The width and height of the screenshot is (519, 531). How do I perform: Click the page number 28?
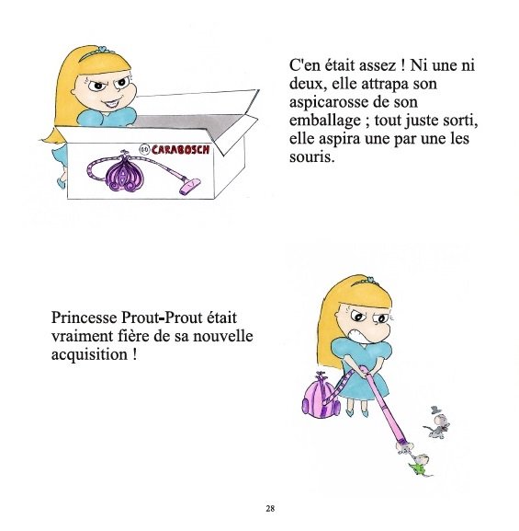(x=270, y=509)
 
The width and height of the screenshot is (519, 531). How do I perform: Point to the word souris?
(x=313, y=157)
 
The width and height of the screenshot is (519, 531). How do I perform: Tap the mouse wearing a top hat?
(x=438, y=423)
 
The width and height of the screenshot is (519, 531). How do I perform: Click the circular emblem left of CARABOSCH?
(x=145, y=149)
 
